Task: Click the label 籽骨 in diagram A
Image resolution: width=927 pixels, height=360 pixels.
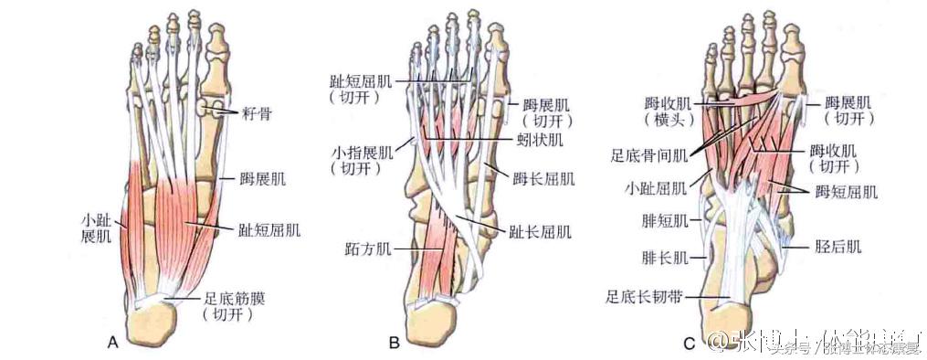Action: coord(254,113)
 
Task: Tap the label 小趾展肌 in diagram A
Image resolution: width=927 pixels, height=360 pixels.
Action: coord(94,228)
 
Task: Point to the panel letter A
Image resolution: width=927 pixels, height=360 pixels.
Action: coord(112,344)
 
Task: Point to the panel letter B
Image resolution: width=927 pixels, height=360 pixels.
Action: coord(394,344)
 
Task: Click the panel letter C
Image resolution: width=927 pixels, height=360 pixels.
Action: coord(689,344)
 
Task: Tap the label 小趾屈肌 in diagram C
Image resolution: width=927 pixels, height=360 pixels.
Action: coord(652,190)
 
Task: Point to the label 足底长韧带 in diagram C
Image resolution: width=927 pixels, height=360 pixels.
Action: coord(643,295)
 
